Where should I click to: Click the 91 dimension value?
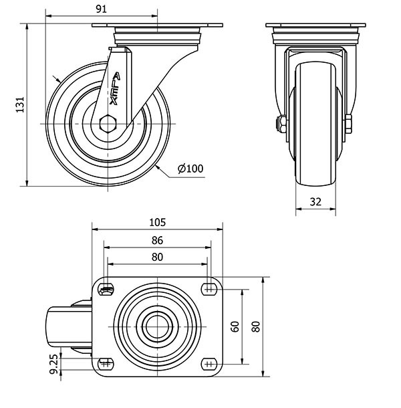[102, 9]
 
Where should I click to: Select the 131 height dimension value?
[20, 104]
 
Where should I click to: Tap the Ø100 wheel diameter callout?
[190, 169]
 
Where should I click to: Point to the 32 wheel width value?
[315, 202]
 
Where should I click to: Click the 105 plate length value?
[157, 223]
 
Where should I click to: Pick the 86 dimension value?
[157, 240]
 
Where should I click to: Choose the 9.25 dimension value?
[54, 364]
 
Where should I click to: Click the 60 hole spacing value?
[235, 326]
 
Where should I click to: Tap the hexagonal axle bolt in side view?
[108, 124]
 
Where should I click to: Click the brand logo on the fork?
[114, 88]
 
